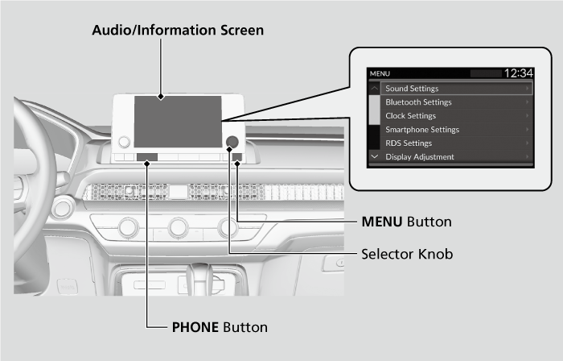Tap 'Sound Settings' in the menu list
412,89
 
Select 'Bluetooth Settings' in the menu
418,102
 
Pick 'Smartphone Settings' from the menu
422,130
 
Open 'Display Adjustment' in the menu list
419,157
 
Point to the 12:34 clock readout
517,73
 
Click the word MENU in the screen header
380,74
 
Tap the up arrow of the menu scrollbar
374,88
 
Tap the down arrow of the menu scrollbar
374,156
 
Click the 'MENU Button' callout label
405,221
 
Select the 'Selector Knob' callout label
406,254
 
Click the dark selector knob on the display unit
232,142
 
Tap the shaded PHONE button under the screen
147,157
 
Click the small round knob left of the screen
124,142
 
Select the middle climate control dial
179,228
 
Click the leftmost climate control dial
128,228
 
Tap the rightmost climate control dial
229,228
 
